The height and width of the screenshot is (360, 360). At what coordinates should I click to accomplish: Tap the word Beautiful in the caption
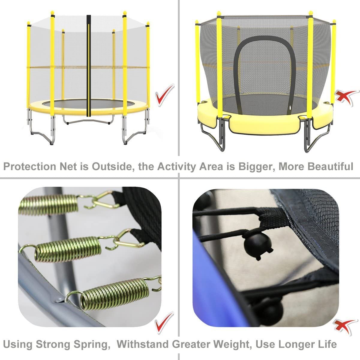[330, 166]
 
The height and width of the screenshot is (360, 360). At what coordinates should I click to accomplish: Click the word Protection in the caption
[29, 166]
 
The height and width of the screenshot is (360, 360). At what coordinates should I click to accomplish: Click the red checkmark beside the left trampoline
[165, 95]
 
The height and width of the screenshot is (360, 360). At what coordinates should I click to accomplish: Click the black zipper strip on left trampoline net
[89, 66]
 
